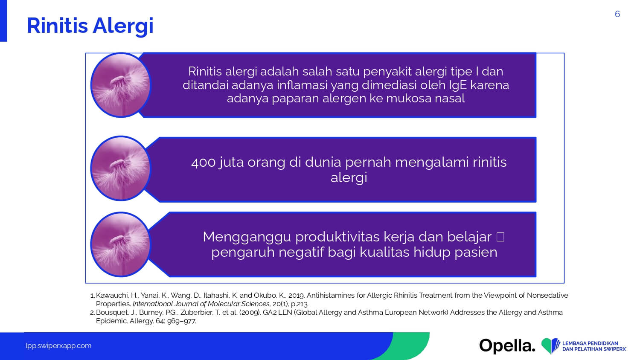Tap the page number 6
[617, 14]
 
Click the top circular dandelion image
[121, 85]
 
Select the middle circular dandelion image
[121, 168]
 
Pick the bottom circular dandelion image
[121, 244]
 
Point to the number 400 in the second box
[203, 163]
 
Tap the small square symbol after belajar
[500, 237]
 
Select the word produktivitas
[337, 237]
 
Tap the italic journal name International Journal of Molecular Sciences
[201, 304]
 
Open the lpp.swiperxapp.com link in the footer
[58, 346]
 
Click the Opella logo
[507, 346]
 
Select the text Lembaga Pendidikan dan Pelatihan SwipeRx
[594, 346]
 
